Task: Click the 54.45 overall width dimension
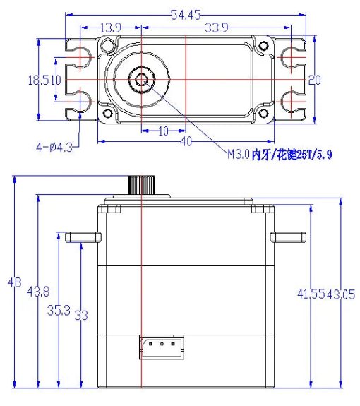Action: click(185, 14)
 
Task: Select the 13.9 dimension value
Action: click(111, 28)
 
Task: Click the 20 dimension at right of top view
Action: click(314, 80)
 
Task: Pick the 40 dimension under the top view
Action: click(186, 142)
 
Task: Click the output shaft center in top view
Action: click(143, 80)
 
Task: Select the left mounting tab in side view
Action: click(83, 237)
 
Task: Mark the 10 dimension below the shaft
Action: click(162, 131)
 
